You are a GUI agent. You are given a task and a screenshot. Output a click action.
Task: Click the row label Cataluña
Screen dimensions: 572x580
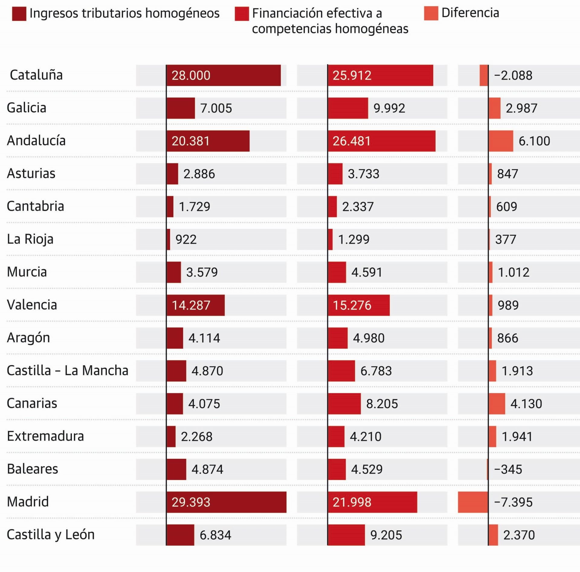[36, 75]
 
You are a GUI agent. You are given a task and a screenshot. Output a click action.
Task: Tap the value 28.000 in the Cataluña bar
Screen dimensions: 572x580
[191, 75]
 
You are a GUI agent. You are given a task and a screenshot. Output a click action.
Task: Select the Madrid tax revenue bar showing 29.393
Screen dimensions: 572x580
[226, 502]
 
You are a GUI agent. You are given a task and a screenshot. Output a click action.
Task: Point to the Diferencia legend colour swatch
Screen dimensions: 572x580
[431, 14]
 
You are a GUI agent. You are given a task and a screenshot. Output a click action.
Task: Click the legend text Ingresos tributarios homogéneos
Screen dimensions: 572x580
[124, 14]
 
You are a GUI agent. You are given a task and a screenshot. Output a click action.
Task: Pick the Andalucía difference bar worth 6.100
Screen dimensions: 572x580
[501, 141]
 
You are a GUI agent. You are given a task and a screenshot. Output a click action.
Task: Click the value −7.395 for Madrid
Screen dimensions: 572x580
[513, 502]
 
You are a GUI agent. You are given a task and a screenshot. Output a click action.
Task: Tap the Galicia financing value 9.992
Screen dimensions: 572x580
[389, 108]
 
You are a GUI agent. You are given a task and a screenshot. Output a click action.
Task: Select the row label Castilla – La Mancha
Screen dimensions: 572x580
[67, 371]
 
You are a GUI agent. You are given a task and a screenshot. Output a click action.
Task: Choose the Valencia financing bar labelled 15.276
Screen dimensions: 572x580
[359, 305]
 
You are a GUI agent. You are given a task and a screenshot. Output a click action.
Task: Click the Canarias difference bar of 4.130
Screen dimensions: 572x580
[497, 404]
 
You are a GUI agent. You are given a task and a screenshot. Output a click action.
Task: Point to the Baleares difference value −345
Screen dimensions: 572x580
[508, 469]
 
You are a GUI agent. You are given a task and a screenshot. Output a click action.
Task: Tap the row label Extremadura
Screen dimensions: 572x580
[45, 436]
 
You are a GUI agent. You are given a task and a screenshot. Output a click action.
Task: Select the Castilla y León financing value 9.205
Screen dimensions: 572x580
[386, 535]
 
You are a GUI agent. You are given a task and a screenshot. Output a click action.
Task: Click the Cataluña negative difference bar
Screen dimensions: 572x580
[484, 75]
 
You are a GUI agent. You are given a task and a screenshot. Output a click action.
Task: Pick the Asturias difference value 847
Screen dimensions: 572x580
[507, 174]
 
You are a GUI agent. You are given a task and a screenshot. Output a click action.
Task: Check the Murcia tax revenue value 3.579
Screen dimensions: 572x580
[202, 272]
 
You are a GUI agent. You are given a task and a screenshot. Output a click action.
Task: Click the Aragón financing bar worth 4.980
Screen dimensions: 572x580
[338, 338]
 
